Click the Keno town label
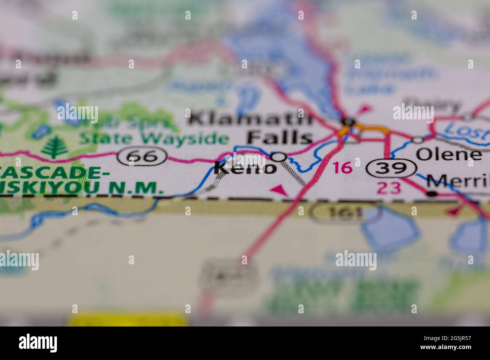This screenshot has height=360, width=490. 245,168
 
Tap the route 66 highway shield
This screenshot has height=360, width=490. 142,156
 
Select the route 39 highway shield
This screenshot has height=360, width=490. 391,168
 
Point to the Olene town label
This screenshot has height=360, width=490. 449,154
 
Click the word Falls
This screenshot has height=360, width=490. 280,137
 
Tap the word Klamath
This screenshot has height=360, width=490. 251,119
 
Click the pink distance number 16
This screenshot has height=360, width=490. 343,168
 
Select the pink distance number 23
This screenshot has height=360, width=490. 389,188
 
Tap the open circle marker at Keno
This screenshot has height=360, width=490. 279,156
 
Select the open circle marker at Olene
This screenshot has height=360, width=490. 418,140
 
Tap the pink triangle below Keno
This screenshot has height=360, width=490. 279,190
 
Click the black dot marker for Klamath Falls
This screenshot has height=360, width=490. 349,122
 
